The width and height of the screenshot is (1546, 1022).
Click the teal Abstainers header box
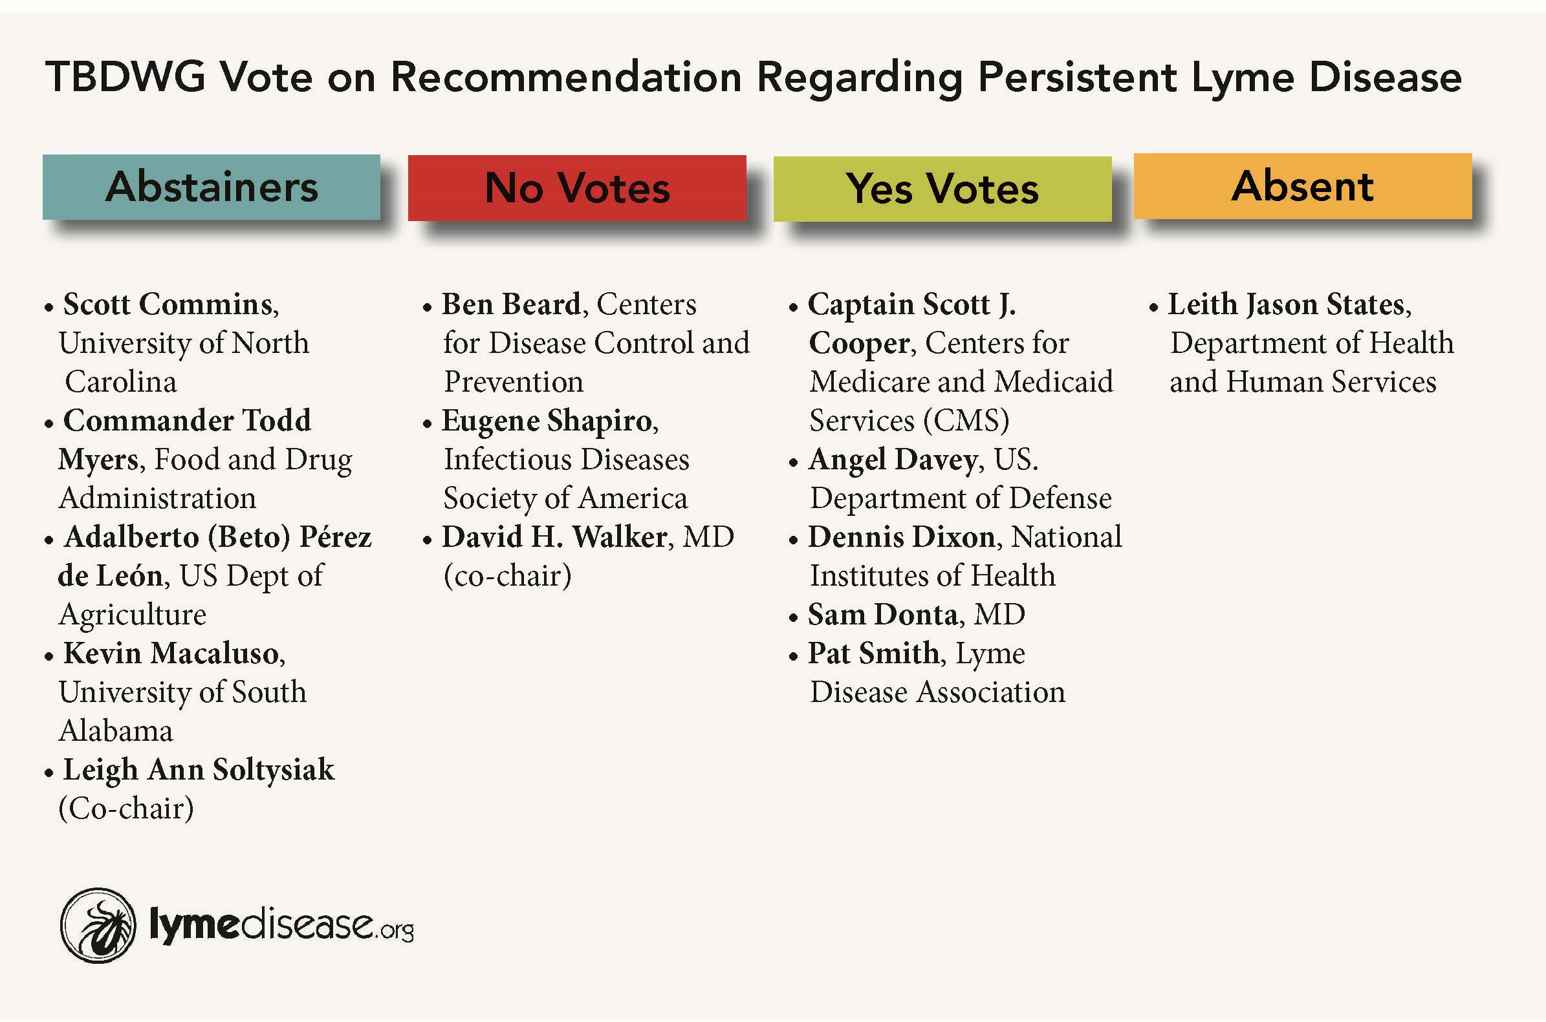pyautogui.click(x=212, y=187)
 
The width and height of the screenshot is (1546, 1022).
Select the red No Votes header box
pyautogui.click(x=577, y=187)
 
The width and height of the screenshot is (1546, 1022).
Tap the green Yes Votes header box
pyautogui.click(x=942, y=189)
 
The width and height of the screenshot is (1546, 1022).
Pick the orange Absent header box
pyautogui.click(x=1303, y=186)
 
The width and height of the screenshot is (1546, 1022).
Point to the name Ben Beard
pyautogui.click(x=511, y=304)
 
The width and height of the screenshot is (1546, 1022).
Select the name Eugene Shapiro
pyautogui.click(x=547, y=421)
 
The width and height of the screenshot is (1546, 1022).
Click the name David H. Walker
pyautogui.click(x=554, y=537)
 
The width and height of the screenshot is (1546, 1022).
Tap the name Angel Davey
pyautogui.click(x=893, y=460)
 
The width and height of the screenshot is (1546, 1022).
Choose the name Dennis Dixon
pyautogui.click(x=902, y=537)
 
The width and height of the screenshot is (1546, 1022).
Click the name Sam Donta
pyautogui.click(x=883, y=615)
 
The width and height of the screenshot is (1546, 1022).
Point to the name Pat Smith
pyautogui.click(x=874, y=653)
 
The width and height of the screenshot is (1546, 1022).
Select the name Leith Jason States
pyautogui.click(x=1286, y=304)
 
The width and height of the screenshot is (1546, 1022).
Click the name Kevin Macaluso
pyautogui.click(x=171, y=654)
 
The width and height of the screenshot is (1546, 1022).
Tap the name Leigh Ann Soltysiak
pyautogui.click(x=198, y=771)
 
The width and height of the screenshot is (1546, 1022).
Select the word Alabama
pyautogui.click(x=116, y=731)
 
